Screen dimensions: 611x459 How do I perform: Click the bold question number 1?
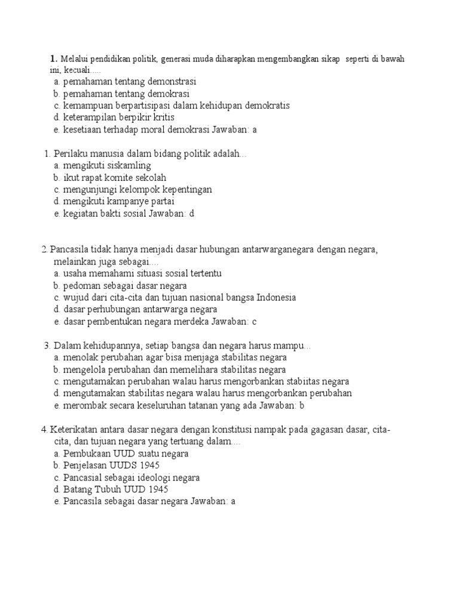click(54, 58)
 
